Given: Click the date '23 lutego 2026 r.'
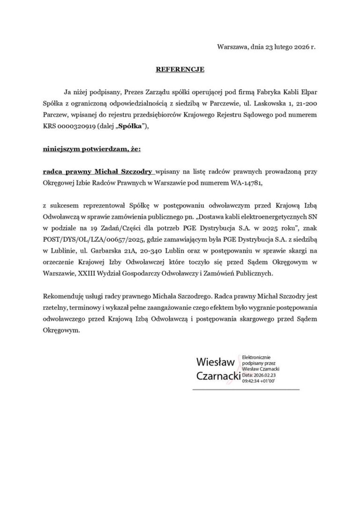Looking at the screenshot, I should pyautogui.click(x=290, y=47).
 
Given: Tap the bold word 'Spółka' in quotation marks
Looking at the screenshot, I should pyautogui.click(x=133, y=126).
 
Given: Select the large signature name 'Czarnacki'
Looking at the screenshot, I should pyautogui.click(x=218, y=376).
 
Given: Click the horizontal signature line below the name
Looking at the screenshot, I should pyautogui.click(x=246, y=389).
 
